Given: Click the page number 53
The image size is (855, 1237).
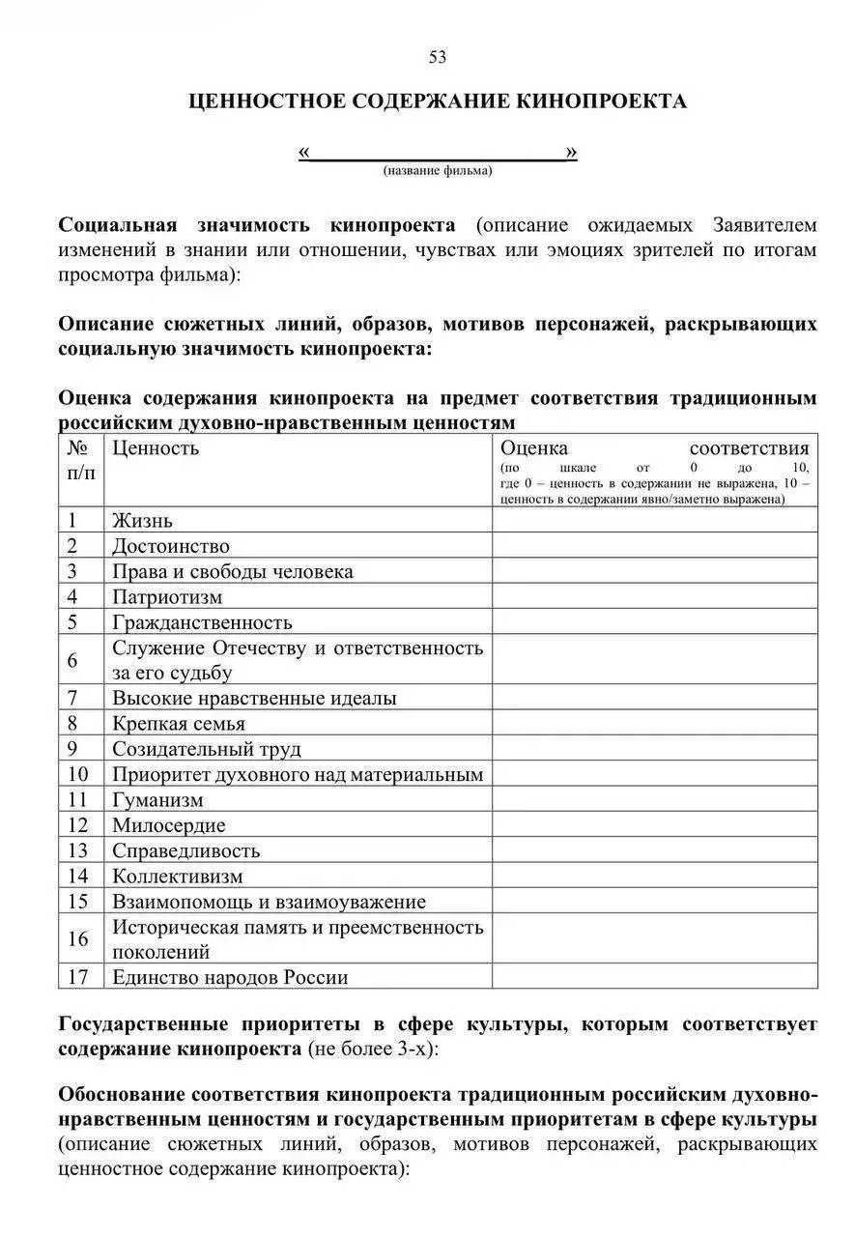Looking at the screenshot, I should pyautogui.click(x=438, y=58).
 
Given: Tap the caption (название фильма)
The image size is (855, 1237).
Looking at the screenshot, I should pyautogui.click(x=437, y=171).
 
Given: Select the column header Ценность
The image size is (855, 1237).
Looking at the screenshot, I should pyautogui.click(x=156, y=447).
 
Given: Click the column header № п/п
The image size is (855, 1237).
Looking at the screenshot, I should pyautogui.click(x=81, y=460).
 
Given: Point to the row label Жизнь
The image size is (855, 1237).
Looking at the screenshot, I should pyautogui.click(x=142, y=521).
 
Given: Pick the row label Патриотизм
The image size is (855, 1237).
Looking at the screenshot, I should pyautogui.click(x=167, y=597).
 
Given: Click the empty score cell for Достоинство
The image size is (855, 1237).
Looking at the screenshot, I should pyautogui.click(x=654, y=546).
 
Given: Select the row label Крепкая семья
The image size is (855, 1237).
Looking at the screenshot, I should pyautogui.click(x=179, y=724).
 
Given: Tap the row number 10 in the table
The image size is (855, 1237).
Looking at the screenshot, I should pyautogui.click(x=78, y=774).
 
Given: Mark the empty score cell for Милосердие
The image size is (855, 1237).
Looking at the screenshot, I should pyautogui.click(x=654, y=825).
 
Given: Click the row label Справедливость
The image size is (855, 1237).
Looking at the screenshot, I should pyautogui.click(x=186, y=851).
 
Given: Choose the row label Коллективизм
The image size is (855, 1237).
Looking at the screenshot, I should pyautogui.click(x=178, y=877).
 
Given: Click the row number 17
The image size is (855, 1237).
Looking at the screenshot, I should pyautogui.click(x=78, y=977).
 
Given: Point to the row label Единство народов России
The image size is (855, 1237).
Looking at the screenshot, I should pyautogui.click(x=230, y=977).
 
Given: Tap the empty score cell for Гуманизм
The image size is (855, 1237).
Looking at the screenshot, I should pyautogui.click(x=654, y=800).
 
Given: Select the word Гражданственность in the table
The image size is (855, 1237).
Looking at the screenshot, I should pyautogui.click(x=202, y=622).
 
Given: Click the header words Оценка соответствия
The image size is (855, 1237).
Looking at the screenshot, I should pyautogui.click(x=654, y=447).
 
